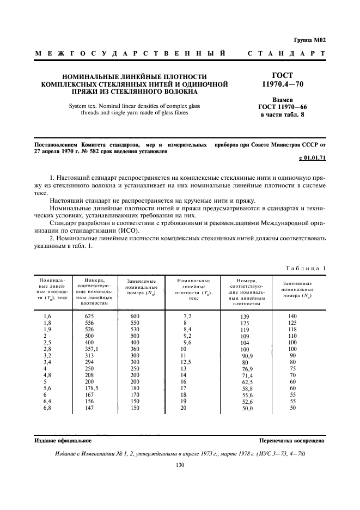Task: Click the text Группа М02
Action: [x=310, y=40]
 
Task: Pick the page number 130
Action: [x=180, y=465]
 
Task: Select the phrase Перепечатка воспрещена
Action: [x=292, y=440]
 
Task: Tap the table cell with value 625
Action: [x=90, y=317]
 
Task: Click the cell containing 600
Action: [x=136, y=317]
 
